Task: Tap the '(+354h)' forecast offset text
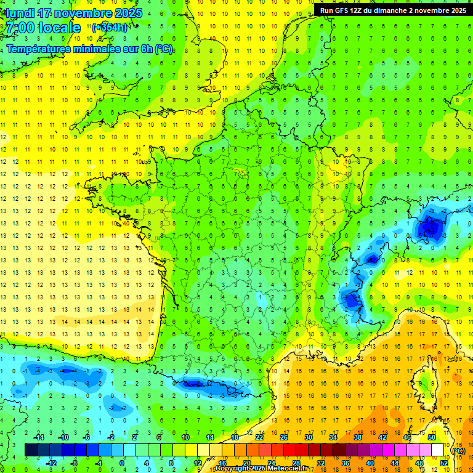tap(110, 27)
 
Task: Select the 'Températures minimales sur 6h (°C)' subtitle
tap(90, 49)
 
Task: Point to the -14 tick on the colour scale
tap(38, 437)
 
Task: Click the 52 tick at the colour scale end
tap(444, 463)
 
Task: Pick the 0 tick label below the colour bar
tap(122, 463)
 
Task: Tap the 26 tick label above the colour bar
tap(284, 437)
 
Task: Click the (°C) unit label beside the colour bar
tap(458, 451)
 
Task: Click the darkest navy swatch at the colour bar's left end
tap(31, 450)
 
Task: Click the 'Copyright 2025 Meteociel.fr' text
tap(261, 469)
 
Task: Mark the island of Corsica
tap(424, 382)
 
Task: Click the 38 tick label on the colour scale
tap(358, 437)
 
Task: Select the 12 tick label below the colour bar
tap(197, 463)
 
